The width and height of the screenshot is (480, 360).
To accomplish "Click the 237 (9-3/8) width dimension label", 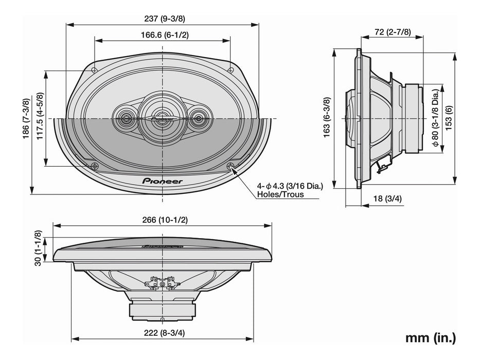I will (x=162, y=19).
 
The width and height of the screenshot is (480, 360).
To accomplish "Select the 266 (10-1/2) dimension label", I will (x=162, y=220).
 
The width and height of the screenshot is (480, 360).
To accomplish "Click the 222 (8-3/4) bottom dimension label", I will (x=162, y=333).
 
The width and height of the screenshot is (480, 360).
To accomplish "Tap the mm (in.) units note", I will (x=430, y=338).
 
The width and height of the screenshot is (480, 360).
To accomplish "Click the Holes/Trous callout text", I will (x=281, y=194).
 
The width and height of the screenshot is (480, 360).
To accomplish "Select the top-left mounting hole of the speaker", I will (x=94, y=70).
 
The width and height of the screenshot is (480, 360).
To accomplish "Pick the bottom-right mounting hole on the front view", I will (x=230, y=166).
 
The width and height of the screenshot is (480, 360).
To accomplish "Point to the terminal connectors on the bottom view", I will (x=163, y=283).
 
